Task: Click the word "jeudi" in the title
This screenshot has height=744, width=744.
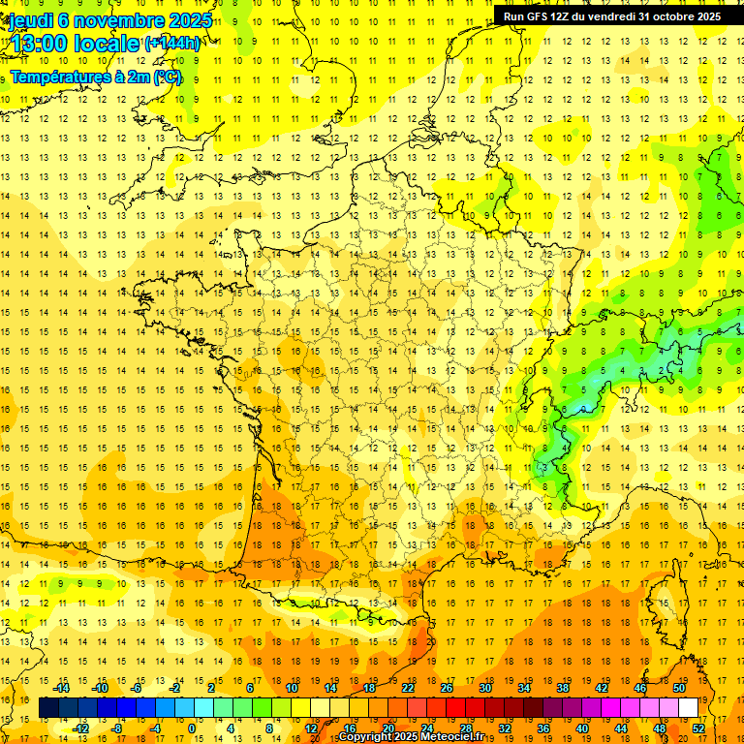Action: pyautogui.click(x=31, y=20)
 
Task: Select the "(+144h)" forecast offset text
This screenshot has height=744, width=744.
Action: pyautogui.click(x=172, y=43)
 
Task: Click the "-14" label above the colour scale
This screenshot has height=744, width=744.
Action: pyautogui.click(x=64, y=688)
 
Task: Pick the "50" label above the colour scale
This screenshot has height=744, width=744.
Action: pyautogui.click(x=679, y=688)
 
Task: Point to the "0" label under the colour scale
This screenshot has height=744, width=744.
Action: pyautogui.click(x=192, y=728)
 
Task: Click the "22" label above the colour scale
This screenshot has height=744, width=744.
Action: pyautogui.click(x=408, y=688)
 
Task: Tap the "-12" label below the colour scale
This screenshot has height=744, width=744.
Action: pyautogui.click(x=81, y=728)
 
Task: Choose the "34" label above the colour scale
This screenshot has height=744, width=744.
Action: pyautogui.click(x=524, y=688)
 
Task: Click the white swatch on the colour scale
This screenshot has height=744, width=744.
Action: pyautogui.click(x=689, y=708)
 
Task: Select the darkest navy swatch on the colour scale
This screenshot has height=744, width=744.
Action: pyautogui.click(x=48, y=708)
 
